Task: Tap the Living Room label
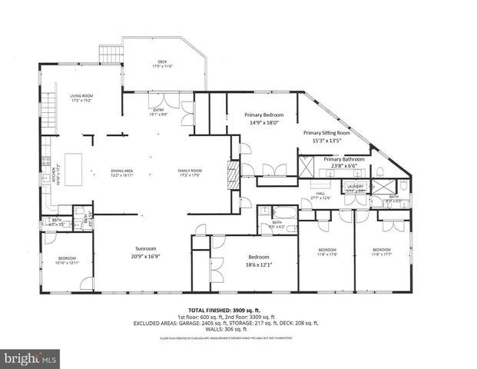pyautogui.click(x=81, y=98)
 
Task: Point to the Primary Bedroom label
pyautogui.click(x=255, y=117)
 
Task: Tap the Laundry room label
pyautogui.click(x=355, y=188)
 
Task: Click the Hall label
pyautogui.click(x=320, y=196)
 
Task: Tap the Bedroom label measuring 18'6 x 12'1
pyautogui.click(x=258, y=260)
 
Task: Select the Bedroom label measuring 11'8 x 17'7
pyautogui.click(x=382, y=252)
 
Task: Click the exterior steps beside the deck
pyautogui.click(x=111, y=55)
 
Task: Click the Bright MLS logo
pyautogui.click(x=31, y=358)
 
